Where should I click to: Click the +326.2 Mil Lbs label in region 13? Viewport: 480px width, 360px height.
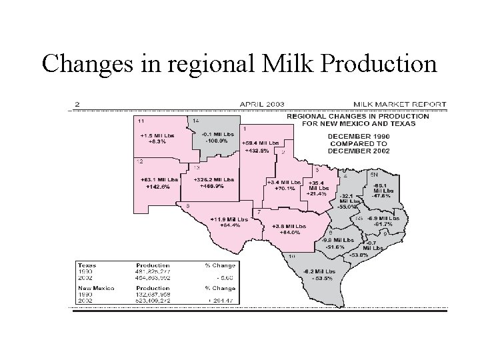click(213, 179)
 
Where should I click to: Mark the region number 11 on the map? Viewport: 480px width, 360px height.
click(141, 121)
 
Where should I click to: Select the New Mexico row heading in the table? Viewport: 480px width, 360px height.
click(94, 289)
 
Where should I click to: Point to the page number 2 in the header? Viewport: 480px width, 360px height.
click(78, 104)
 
